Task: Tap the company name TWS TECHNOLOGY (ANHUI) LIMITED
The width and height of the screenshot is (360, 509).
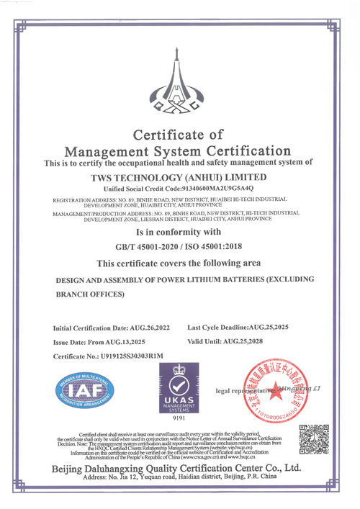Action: click(179, 175)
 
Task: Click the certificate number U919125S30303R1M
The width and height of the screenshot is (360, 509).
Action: click(130, 356)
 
